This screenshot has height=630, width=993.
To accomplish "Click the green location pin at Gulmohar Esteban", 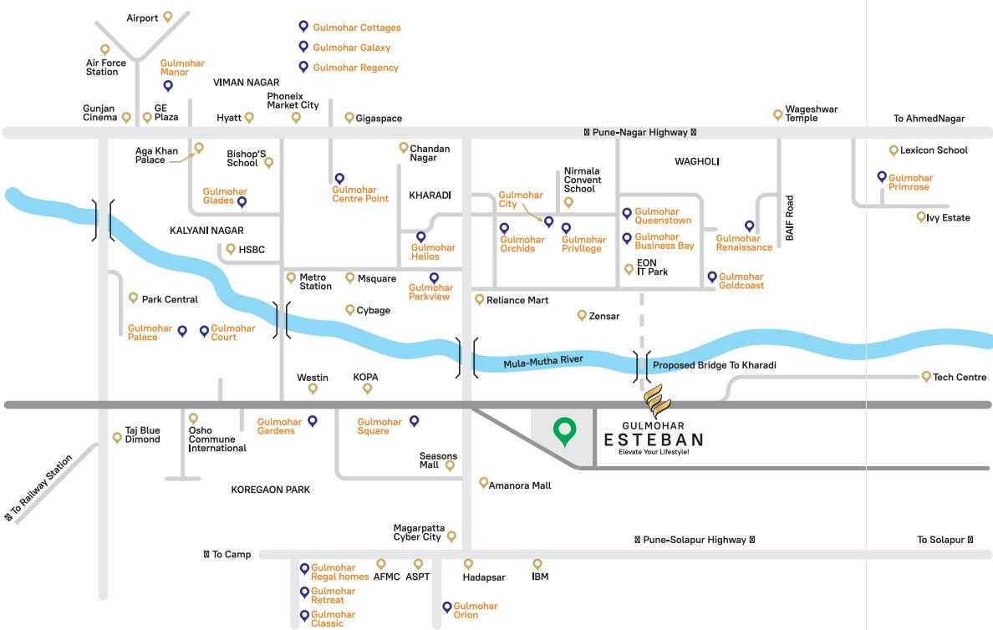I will [565, 431].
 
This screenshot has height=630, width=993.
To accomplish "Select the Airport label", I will [143, 18].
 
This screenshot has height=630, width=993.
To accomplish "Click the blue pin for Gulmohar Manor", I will [168, 85].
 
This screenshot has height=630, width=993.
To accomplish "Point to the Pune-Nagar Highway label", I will [639, 132].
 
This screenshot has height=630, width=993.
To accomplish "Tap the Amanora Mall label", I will [520, 485].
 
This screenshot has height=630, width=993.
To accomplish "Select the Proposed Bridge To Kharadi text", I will [714, 365].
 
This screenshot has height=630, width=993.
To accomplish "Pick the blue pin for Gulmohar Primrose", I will [882, 177].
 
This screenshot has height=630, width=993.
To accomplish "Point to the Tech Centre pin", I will [926, 376].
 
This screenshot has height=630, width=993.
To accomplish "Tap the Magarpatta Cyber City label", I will [417, 532].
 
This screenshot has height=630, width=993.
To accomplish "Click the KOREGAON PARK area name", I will [270, 490].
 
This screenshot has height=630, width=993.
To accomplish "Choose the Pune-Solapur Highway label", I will [694, 540].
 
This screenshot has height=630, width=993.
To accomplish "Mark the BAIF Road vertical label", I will [789, 218].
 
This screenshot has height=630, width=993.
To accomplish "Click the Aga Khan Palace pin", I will [199, 148].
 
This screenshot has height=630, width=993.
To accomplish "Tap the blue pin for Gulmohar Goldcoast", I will [712, 277].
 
